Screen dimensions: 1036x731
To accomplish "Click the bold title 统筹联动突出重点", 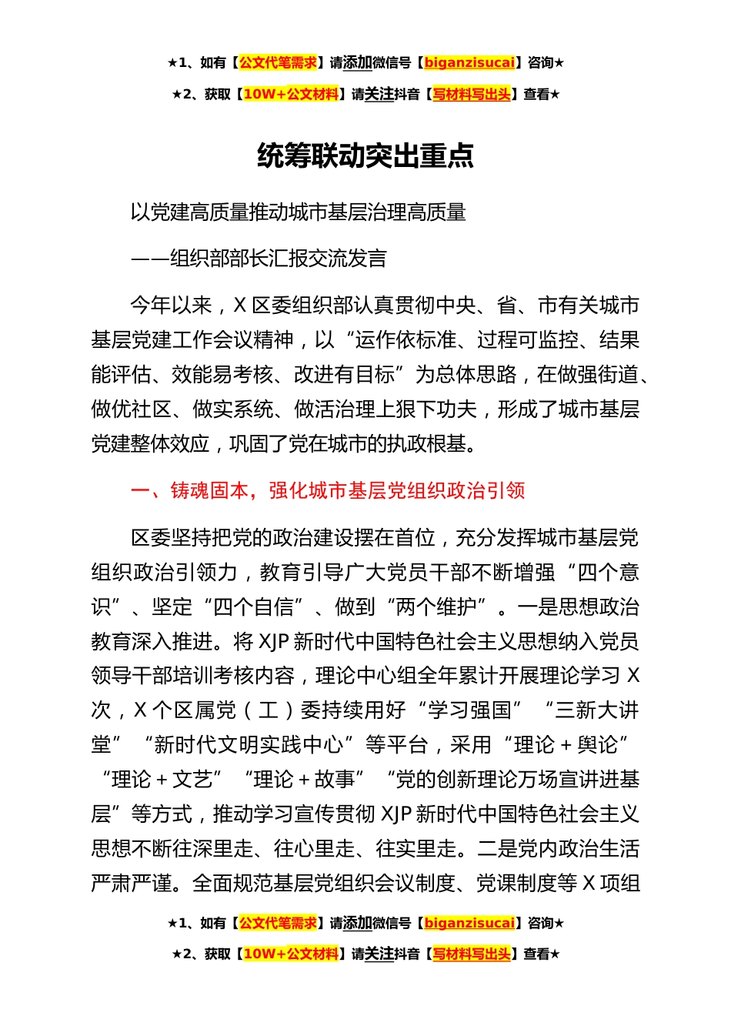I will pos(365,156).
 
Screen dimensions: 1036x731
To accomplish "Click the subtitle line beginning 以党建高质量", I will pos(298,212).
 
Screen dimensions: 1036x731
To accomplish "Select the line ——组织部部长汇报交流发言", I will pos(259,259).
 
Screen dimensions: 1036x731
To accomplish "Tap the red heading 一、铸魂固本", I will pos(328,490).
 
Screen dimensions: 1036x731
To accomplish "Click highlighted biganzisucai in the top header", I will pos(469,63).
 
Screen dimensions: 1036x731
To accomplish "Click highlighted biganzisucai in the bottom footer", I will pos(469,923).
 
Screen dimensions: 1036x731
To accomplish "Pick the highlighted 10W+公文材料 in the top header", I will pos(291,95).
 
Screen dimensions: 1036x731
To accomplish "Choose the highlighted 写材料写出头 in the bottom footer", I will pos(472,954).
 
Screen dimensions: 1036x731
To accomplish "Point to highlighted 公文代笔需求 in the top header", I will pos(278,63).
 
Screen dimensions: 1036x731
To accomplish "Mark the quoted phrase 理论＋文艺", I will pos(162,780).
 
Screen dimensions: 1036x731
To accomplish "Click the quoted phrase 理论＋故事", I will pos(304,780).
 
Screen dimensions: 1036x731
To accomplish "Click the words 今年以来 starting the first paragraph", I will pos(171,306).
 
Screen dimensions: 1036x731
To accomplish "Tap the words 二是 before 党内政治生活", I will pos(497,849).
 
